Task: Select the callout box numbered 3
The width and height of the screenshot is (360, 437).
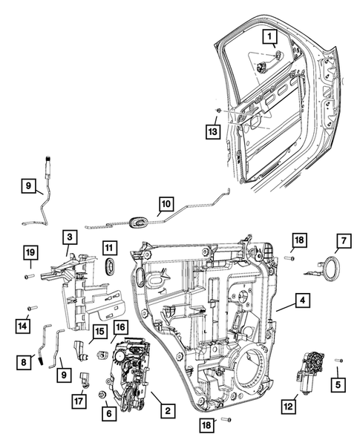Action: pos(68,237)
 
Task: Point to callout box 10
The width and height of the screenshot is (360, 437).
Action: pos(166,202)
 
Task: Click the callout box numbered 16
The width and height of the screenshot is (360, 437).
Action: pos(120,326)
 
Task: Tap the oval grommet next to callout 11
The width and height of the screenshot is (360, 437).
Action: pos(109,268)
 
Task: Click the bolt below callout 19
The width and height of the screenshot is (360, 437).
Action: pos(27,276)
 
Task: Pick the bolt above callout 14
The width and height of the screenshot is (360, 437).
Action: pos(31,307)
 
